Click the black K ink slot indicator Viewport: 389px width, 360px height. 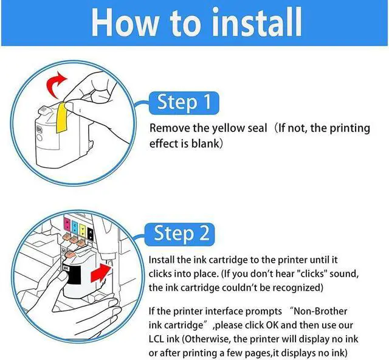click(x=91, y=234)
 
